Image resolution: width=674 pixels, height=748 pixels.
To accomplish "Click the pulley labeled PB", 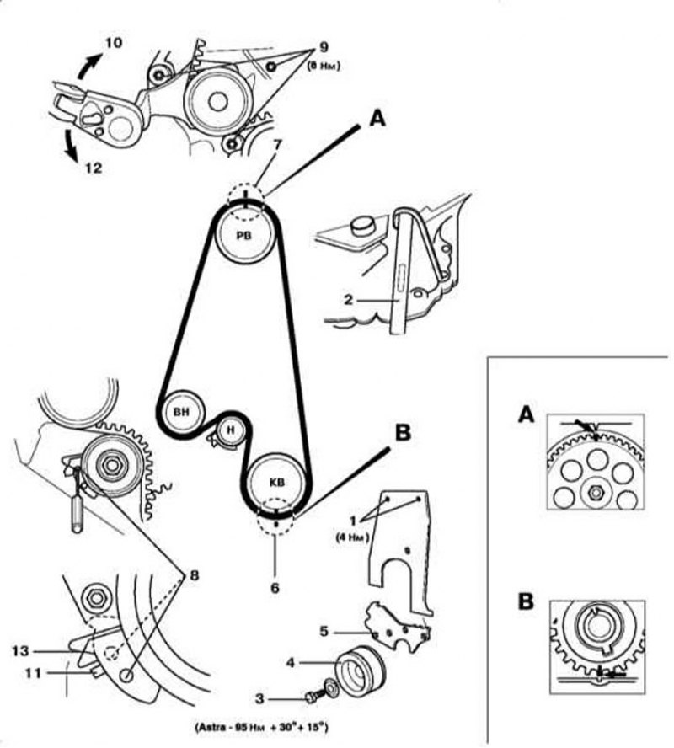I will (x=244, y=234).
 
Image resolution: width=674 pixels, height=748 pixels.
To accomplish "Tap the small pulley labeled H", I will (x=229, y=431).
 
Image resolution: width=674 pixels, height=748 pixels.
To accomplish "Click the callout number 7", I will (x=277, y=145).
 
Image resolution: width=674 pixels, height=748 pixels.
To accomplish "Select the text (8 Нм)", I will (x=324, y=65).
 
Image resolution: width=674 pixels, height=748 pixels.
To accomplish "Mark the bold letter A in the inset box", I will (x=526, y=414).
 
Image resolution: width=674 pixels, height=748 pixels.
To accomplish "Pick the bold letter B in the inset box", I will (x=527, y=603).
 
